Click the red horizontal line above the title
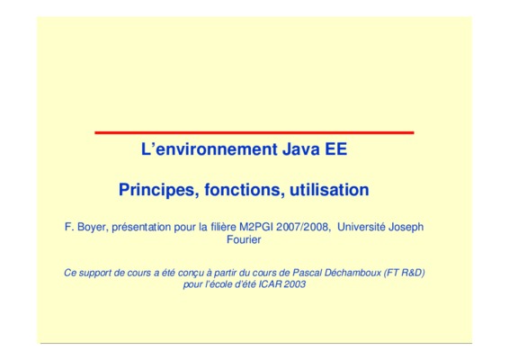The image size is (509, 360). coord(254,132)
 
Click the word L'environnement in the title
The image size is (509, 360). coord(210,149)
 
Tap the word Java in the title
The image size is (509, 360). coord(301,149)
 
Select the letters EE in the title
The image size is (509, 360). coord(336,149)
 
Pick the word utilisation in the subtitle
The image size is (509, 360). coord(329,190)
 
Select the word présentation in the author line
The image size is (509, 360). coord(141,227)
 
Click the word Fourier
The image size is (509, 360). coord(244,239)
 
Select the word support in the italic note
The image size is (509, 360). coord(95,273)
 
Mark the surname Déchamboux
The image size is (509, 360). coord(353,273)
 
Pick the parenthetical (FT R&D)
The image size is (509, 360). coord(405,273)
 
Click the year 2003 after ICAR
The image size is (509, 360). coord(295,284)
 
